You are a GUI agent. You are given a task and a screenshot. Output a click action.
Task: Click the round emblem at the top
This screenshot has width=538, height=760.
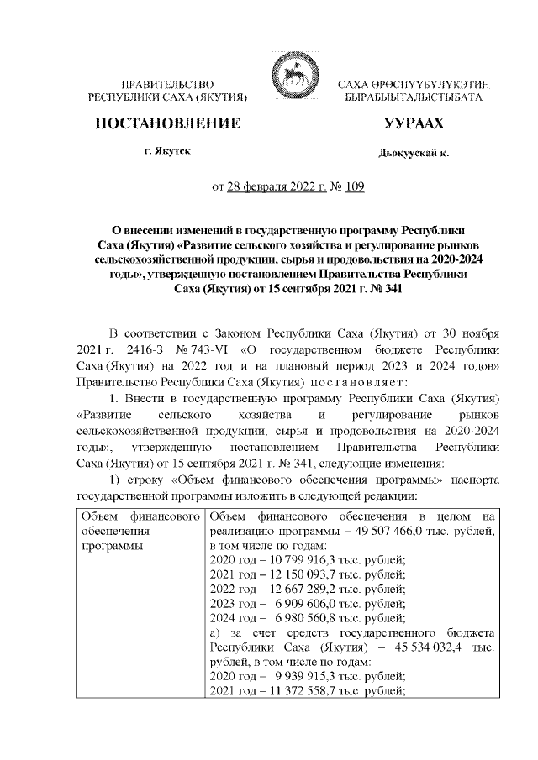pyautogui.click(x=288, y=83)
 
